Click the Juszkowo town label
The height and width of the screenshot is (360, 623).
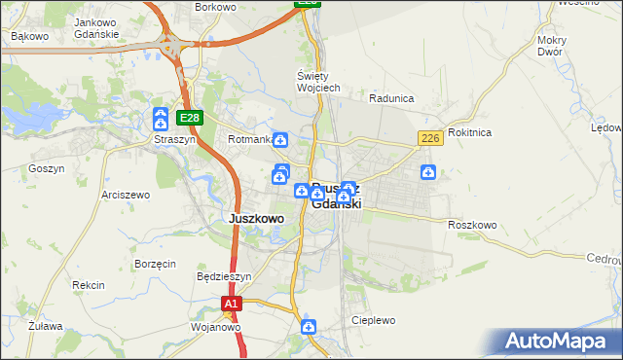256,219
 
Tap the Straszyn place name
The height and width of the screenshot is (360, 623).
174,139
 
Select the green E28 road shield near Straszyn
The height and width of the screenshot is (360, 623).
190,119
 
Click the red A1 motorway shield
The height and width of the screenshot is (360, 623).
230,305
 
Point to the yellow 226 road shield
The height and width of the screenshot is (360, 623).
431,139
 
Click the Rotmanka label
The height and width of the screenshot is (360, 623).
248,140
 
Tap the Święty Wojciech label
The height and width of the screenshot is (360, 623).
317,82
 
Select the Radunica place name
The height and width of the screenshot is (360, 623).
392,98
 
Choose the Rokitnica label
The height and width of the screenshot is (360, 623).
470,132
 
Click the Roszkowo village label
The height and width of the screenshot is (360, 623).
472,225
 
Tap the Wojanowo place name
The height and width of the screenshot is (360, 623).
216,327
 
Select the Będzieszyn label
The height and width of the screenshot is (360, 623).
224,276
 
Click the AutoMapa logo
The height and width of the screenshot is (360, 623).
559,342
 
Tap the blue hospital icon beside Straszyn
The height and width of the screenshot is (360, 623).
161,120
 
